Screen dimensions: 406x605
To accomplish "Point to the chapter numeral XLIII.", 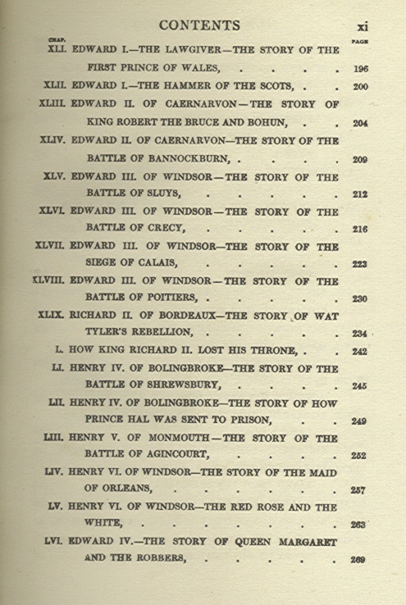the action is point(54,104).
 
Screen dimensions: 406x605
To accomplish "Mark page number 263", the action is point(357,525).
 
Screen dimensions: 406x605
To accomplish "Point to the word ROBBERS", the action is point(161,559).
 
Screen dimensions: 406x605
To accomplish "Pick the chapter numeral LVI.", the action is point(55,542).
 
